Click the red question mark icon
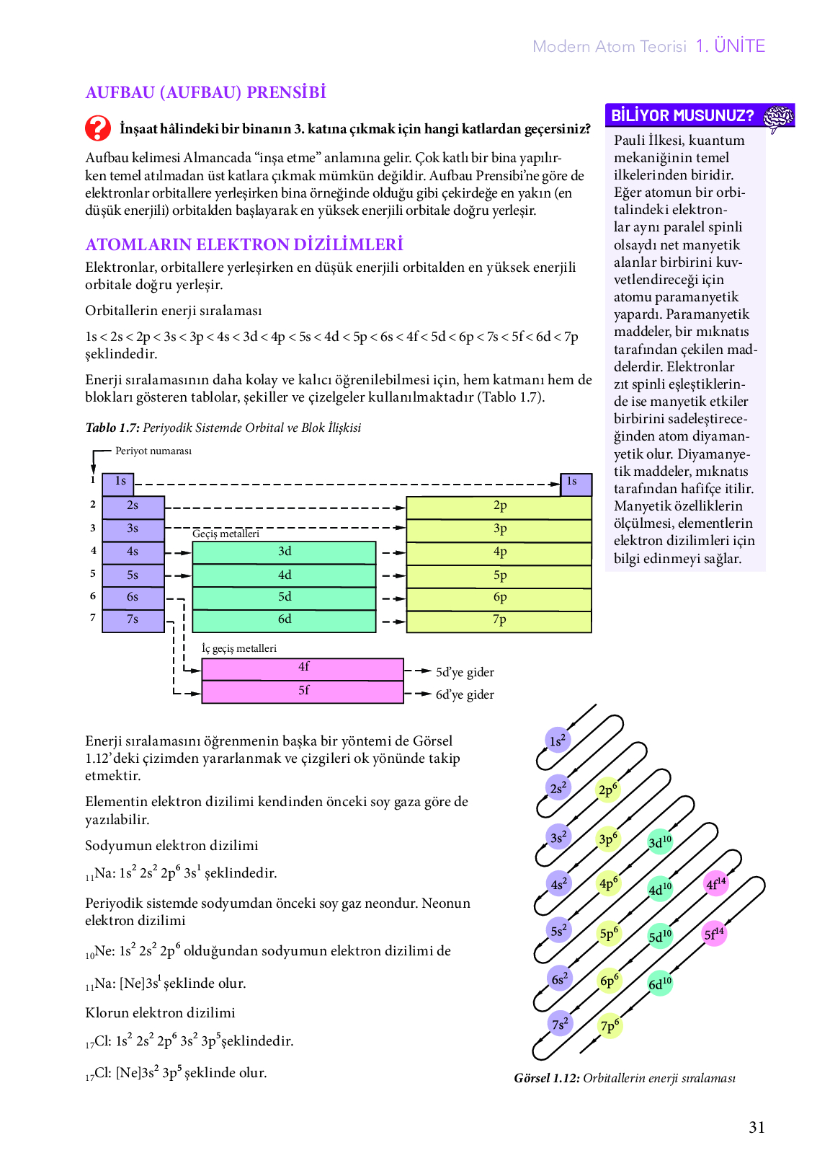[x=98, y=128]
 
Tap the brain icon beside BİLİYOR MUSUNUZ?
[x=778, y=118]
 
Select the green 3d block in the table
[x=284, y=552]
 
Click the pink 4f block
[x=303, y=669]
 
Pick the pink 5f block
[x=303, y=692]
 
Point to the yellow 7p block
[x=499, y=622]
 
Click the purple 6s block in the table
[x=133, y=598]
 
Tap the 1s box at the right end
[x=576, y=484]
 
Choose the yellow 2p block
[x=499, y=508]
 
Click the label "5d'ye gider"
[x=465, y=672]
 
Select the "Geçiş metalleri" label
[x=226, y=534]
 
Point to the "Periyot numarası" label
[x=153, y=451]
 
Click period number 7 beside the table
[x=93, y=617]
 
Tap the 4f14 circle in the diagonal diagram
[x=715, y=884]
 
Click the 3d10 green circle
[x=660, y=841]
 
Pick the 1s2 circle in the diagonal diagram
[x=558, y=741]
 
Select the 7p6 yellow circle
[x=610, y=1025]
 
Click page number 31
[x=757, y=1127]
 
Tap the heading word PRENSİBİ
[x=286, y=92]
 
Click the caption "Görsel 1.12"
[x=547, y=1079]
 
